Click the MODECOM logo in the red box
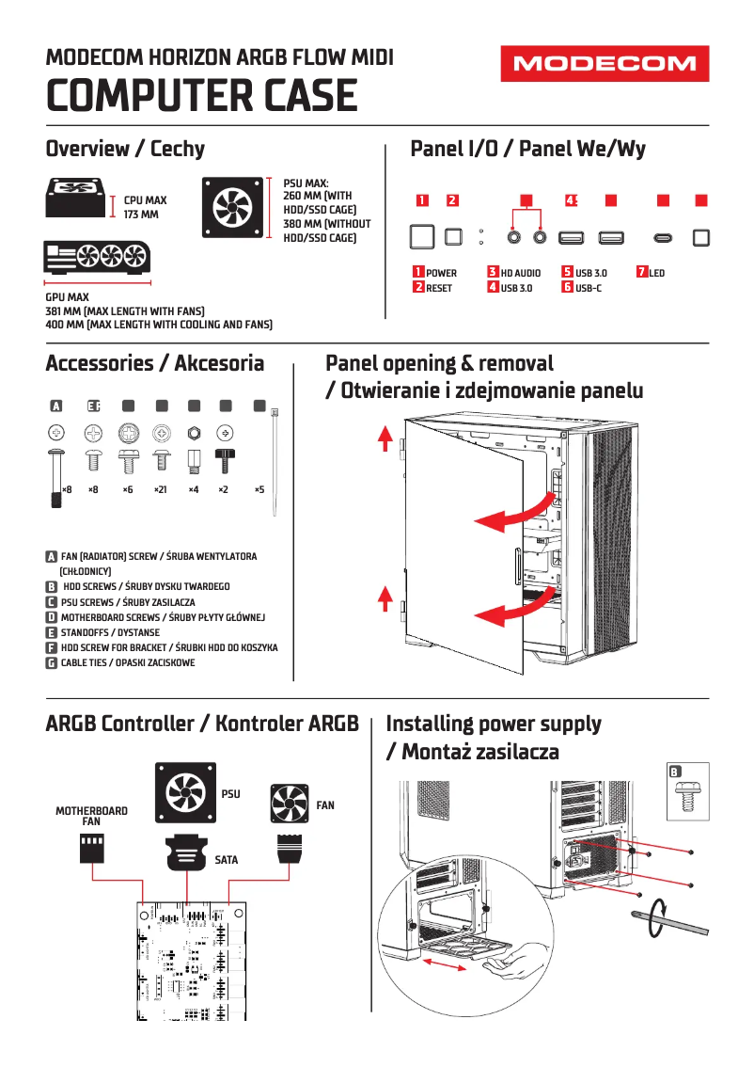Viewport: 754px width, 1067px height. coord(605,64)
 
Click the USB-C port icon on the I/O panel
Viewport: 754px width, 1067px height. coord(663,238)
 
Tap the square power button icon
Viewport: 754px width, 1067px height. coord(422,236)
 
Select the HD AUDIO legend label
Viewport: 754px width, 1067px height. coord(520,273)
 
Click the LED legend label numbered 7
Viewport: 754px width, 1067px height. coord(656,273)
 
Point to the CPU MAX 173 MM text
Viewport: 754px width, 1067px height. coord(146,207)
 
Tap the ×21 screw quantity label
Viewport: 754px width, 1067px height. coord(160,490)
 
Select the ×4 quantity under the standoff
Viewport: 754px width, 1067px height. coord(193,490)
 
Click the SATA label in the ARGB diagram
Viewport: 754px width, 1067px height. coord(226,860)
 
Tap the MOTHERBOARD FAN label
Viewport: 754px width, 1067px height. coord(91,816)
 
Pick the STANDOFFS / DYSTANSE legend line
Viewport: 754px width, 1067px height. coord(109,632)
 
